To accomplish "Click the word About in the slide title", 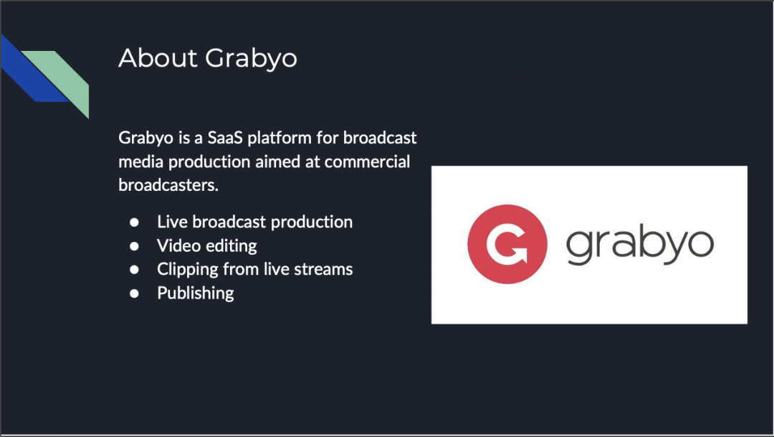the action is (158, 58).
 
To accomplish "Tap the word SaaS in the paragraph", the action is (225, 138).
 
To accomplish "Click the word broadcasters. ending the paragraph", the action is (168, 185).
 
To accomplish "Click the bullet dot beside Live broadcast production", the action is (134, 222).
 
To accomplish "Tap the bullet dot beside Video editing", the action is (134, 246).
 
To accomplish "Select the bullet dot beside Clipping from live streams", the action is (134, 270).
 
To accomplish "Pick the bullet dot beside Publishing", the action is (134, 293).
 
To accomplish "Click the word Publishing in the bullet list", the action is (196, 293).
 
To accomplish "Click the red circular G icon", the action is (507, 244).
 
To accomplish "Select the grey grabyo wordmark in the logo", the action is (640, 245).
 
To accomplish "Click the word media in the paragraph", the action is (140, 161).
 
